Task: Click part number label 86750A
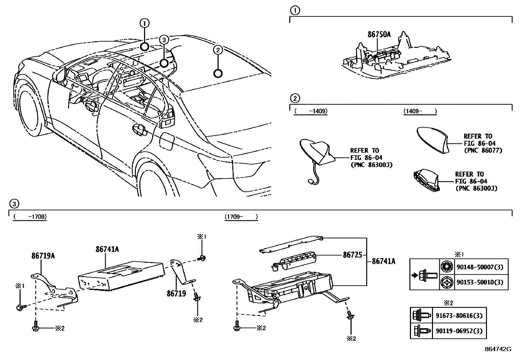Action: point(379,34)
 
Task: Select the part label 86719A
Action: point(43,256)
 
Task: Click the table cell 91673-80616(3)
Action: point(459,316)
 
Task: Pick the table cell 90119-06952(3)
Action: point(459,331)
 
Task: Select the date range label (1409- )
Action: point(420,111)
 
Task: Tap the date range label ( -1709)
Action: point(29,217)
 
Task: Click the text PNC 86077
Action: point(483,150)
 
